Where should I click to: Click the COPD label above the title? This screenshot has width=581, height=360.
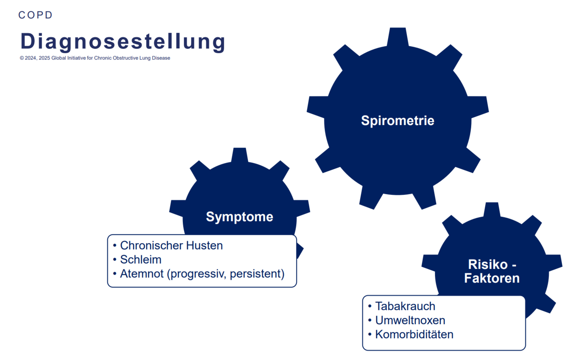click(35, 15)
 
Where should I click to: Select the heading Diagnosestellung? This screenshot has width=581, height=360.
click(123, 41)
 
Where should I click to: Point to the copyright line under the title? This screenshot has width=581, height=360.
click(95, 58)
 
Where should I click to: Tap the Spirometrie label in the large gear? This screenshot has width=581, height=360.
click(398, 120)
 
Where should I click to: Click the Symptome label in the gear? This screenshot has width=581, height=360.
click(240, 217)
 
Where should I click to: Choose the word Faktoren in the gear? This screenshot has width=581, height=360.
click(492, 278)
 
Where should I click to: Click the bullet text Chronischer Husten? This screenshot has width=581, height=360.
click(171, 245)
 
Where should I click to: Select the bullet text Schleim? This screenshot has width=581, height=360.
click(141, 260)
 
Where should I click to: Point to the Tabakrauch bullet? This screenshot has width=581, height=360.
click(405, 306)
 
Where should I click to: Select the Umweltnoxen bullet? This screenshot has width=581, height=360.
click(410, 320)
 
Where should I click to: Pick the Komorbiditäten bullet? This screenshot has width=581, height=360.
click(414, 334)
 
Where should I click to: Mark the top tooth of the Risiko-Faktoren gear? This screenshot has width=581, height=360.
click(492, 210)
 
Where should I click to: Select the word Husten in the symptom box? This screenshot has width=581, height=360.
click(204, 245)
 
